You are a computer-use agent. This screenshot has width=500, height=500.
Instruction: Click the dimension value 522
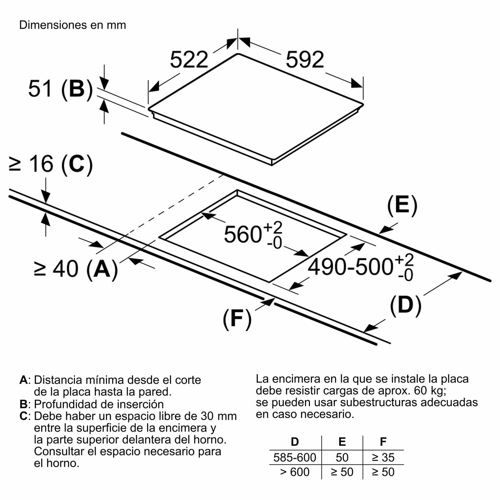pos(189,60)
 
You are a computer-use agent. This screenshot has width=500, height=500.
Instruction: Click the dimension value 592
pos(305,60)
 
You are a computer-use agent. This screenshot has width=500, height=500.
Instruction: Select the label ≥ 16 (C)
pos(50,164)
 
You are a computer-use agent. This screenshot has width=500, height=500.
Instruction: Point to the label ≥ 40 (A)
pos(75,269)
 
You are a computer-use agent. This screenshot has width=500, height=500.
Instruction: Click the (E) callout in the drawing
pos(402,205)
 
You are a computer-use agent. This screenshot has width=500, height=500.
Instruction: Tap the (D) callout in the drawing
pos(405,305)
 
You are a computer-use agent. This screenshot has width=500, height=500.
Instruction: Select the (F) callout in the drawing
pos(237,319)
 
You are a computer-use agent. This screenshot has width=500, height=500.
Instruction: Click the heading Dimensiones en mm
pos(72,25)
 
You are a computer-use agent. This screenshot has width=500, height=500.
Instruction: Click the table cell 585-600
pos(295,457)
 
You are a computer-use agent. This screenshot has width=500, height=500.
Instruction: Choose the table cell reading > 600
pos(295,472)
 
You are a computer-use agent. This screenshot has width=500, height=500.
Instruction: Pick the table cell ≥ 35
pos(383,457)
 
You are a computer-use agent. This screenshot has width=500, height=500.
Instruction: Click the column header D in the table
pos(295,442)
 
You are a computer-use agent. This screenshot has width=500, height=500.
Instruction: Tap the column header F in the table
pos(383,442)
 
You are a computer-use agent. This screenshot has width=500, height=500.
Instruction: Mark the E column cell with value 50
pos(342,457)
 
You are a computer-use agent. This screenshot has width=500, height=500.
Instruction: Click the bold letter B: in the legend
pos(25,404)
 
